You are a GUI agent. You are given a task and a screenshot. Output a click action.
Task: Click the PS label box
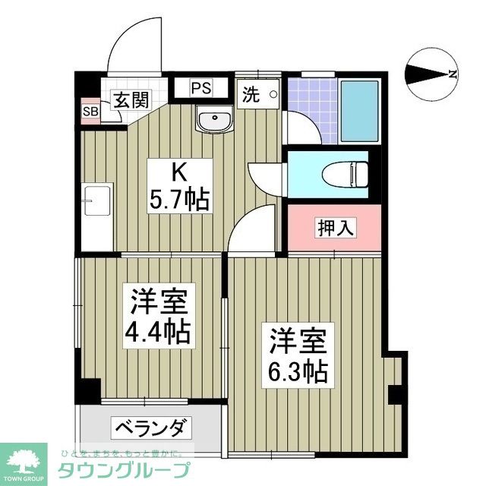point(200,87)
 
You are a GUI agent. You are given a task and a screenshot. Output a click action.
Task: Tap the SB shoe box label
point(90,112)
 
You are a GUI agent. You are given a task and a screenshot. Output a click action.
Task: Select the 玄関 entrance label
point(130,100)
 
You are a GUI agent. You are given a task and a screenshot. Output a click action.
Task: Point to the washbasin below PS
point(214,119)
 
